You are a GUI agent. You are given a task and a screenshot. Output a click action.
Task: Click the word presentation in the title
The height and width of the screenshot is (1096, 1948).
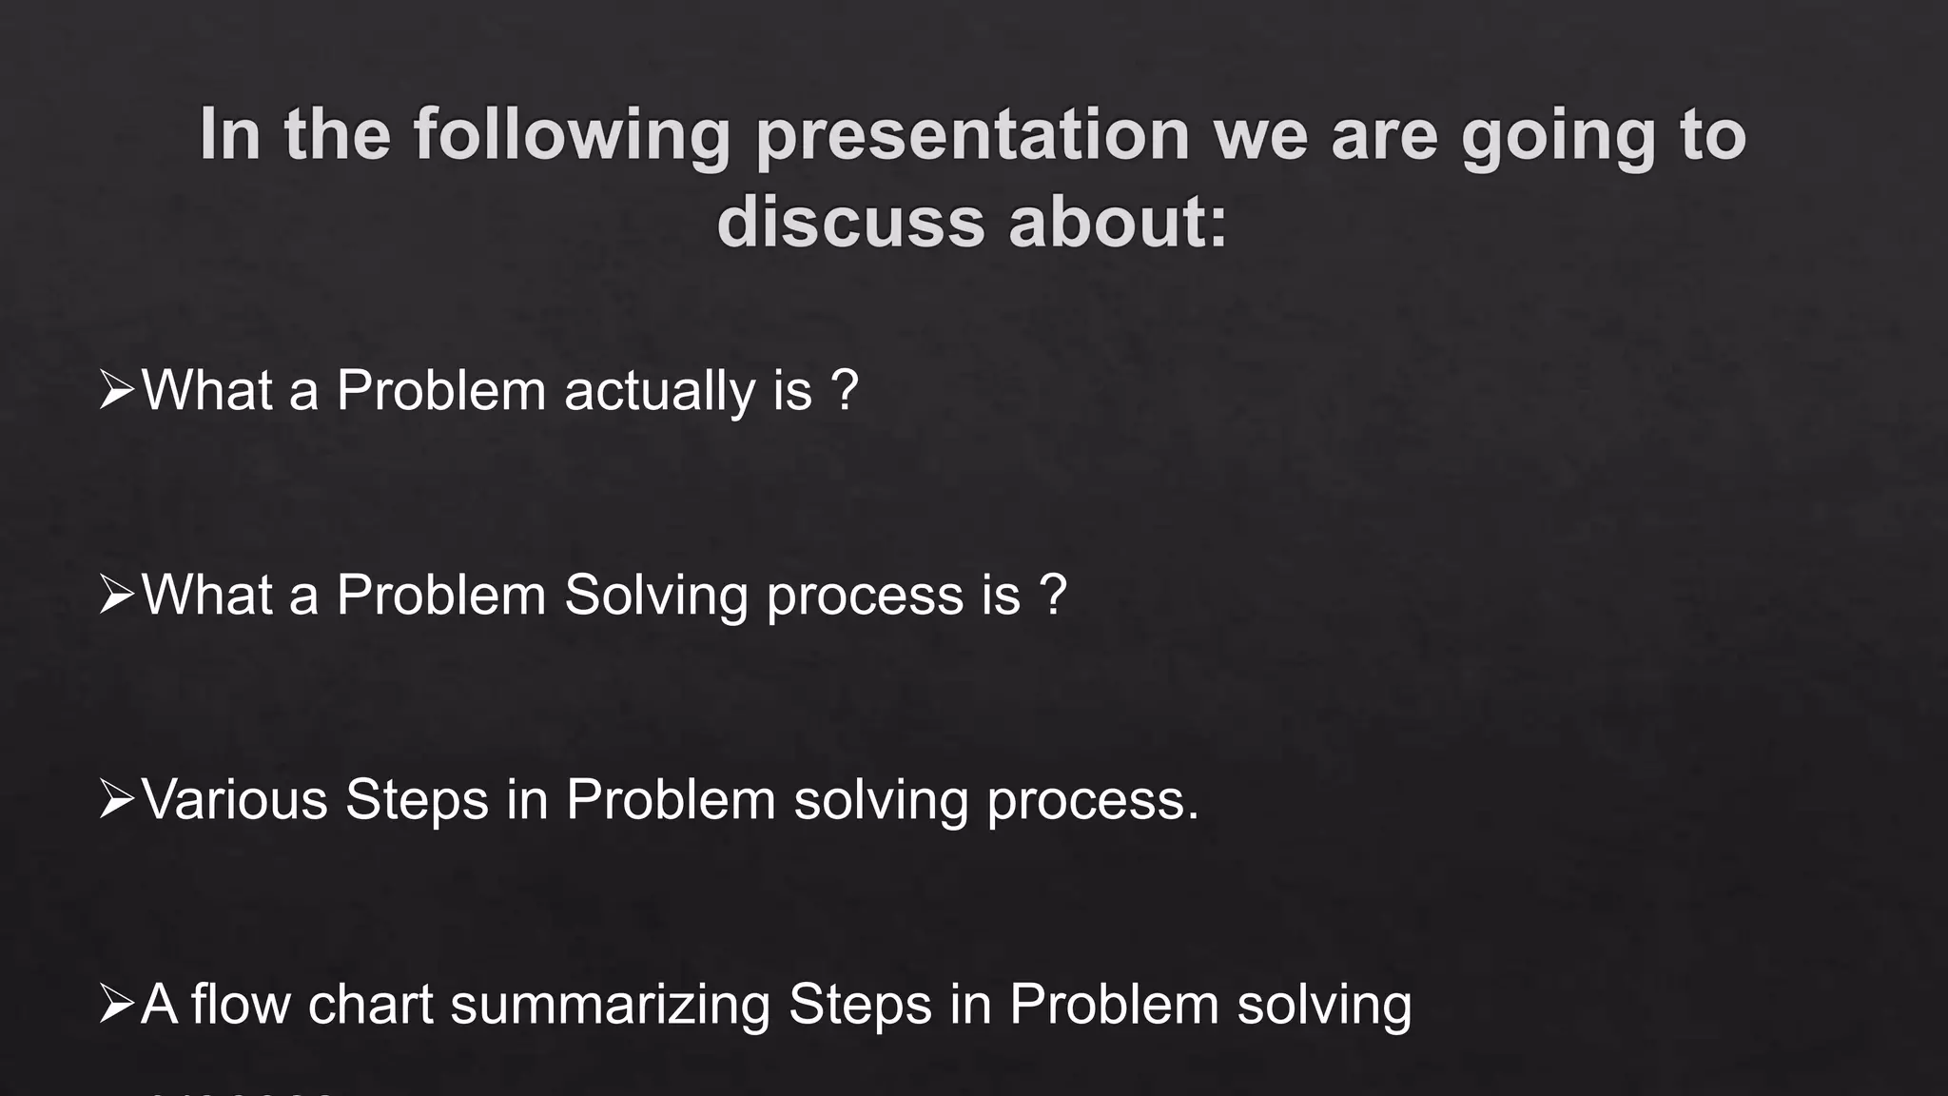(x=972, y=136)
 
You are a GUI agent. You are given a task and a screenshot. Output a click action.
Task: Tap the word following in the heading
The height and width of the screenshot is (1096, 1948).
(x=571, y=136)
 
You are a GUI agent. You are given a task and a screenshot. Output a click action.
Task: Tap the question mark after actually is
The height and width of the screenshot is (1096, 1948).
(x=844, y=389)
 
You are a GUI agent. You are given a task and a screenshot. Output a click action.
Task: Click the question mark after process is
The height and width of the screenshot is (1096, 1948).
(x=1052, y=596)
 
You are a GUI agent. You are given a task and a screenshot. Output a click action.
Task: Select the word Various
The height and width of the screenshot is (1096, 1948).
(x=234, y=799)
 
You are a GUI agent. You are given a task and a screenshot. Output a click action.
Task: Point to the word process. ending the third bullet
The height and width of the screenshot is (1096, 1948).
(x=1093, y=801)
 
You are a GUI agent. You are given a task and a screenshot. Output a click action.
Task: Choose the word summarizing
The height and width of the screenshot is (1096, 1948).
(x=609, y=1005)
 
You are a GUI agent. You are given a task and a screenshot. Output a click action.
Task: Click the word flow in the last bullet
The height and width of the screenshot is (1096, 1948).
(x=240, y=1005)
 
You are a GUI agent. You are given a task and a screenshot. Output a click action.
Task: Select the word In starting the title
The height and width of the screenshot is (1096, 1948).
(x=229, y=136)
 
